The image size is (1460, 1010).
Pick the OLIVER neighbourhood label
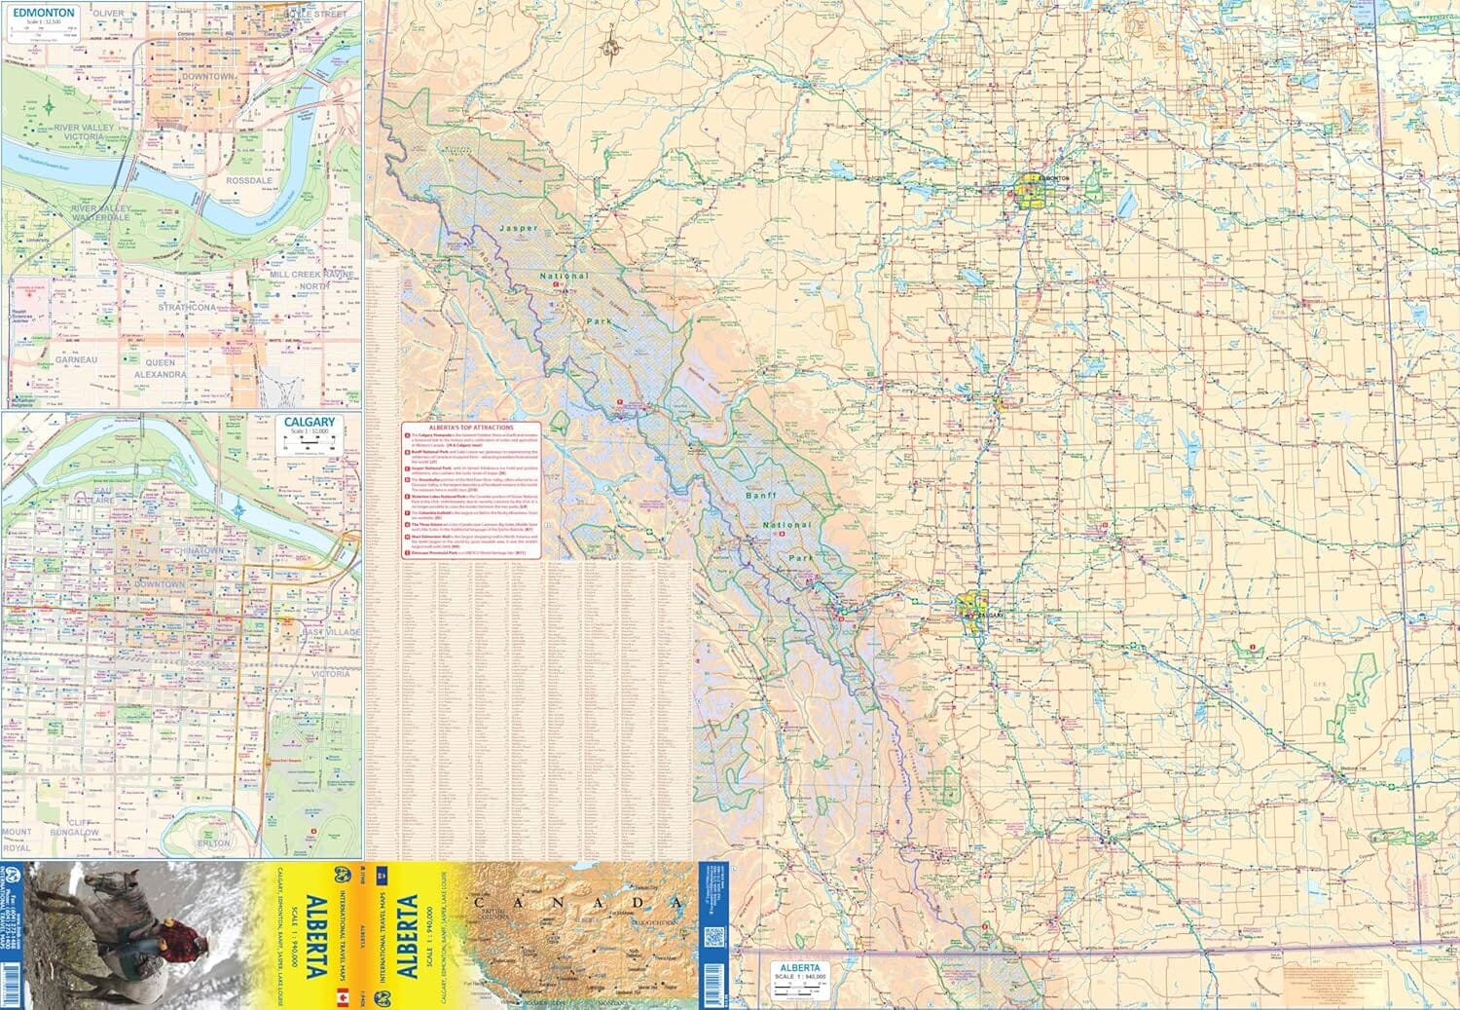click(108, 13)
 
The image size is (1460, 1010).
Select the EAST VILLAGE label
click(330, 632)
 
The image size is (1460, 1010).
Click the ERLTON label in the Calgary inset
click(214, 842)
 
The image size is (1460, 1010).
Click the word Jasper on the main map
click(518, 228)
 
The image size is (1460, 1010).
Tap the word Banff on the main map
click(758, 496)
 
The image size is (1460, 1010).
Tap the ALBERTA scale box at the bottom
click(797, 975)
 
